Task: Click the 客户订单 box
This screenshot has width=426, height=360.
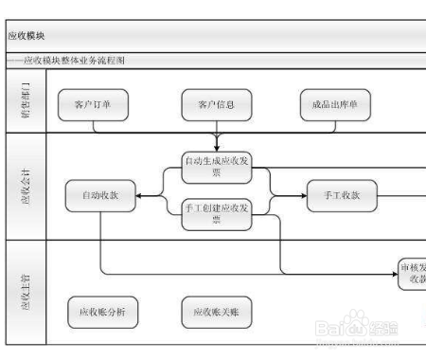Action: click(x=92, y=105)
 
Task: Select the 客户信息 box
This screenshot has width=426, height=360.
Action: click(x=217, y=105)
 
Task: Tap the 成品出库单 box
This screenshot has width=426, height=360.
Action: click(x=335, y=105)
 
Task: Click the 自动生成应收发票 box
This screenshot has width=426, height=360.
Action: click(x=217, y=168)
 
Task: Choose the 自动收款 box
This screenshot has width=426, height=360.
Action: click(x=100, y=195)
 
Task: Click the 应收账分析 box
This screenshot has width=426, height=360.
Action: click(x=100, y=312)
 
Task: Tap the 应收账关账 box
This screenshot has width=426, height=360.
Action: click(x=217, y=312)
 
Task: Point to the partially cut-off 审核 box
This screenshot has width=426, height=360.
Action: click(x=413, y=274)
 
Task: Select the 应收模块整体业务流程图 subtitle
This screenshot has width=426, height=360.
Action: click(x=76, y=60)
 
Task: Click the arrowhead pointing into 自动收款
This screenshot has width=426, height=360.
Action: click(x=139, y=195)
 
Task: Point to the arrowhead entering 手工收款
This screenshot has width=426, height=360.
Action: click(x=302, y=195)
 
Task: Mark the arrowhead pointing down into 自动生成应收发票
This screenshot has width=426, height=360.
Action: click(x=217, y=149)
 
